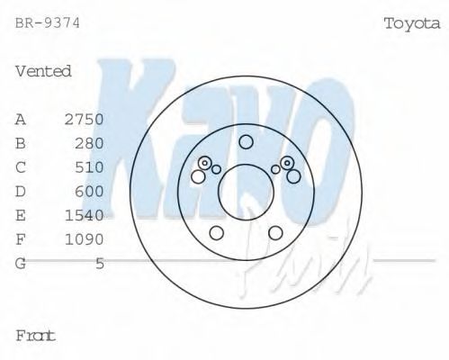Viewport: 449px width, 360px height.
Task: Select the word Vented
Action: tap(43, 71)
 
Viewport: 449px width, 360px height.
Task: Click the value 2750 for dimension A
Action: tap(85, 119)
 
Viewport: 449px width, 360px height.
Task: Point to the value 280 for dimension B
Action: tap(90, 143)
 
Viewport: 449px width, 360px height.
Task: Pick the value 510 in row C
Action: tap(90, 167)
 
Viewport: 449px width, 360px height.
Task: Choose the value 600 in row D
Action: tap(90, 191)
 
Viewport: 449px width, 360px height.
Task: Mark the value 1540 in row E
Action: tap(85, 215)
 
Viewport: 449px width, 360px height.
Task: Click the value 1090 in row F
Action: tap(85, 239)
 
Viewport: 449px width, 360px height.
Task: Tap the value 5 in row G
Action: tap(100, 264)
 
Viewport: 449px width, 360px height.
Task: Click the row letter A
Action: tap(21, 119)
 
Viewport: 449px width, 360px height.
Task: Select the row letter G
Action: tap(21, 264)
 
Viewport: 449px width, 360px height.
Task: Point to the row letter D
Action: tap(21, 191)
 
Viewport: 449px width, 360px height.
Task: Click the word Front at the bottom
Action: tap(36, 336)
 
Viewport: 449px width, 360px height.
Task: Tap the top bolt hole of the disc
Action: tap(246, 141)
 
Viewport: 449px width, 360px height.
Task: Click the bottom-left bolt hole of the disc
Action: tap(216, 233)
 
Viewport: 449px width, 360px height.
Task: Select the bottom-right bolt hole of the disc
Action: tap(275, 233)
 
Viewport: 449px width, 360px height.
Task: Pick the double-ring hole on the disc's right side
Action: tap(287, 163)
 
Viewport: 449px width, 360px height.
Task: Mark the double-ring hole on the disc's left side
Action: tap(205, 163)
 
